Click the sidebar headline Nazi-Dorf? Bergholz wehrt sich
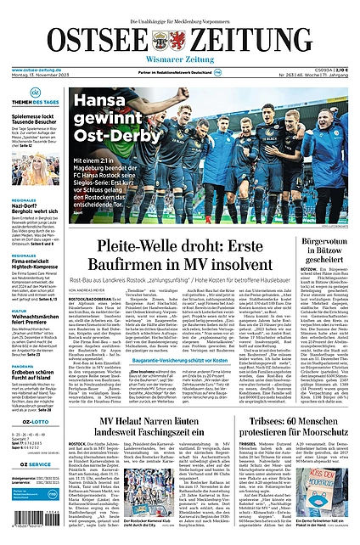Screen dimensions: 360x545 coord(34,206)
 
